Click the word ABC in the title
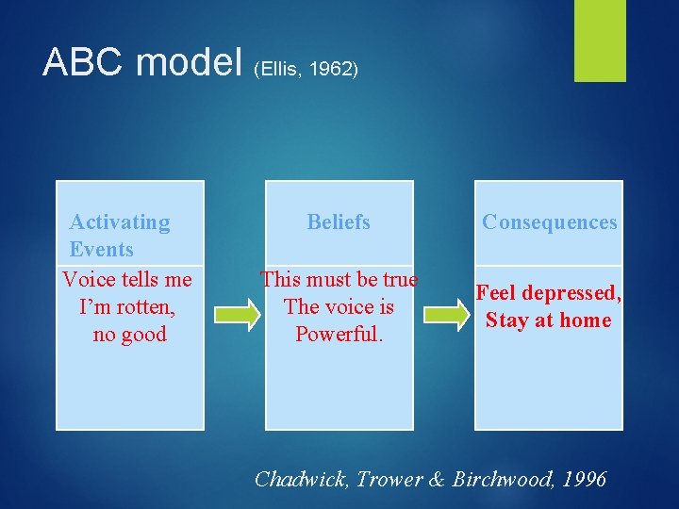(85, 62)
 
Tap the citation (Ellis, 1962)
(306, 70)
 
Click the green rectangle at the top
(600, 41)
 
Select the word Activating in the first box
(120, 222)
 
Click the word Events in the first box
(101, 250)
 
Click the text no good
(129, 334)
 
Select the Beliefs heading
(339, 222)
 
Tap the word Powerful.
(339, 334)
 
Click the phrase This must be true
(339, 279)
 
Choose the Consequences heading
(549, 222)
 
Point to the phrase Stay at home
(548, 320)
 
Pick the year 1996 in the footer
(584, 479)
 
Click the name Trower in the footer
(388, 479)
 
